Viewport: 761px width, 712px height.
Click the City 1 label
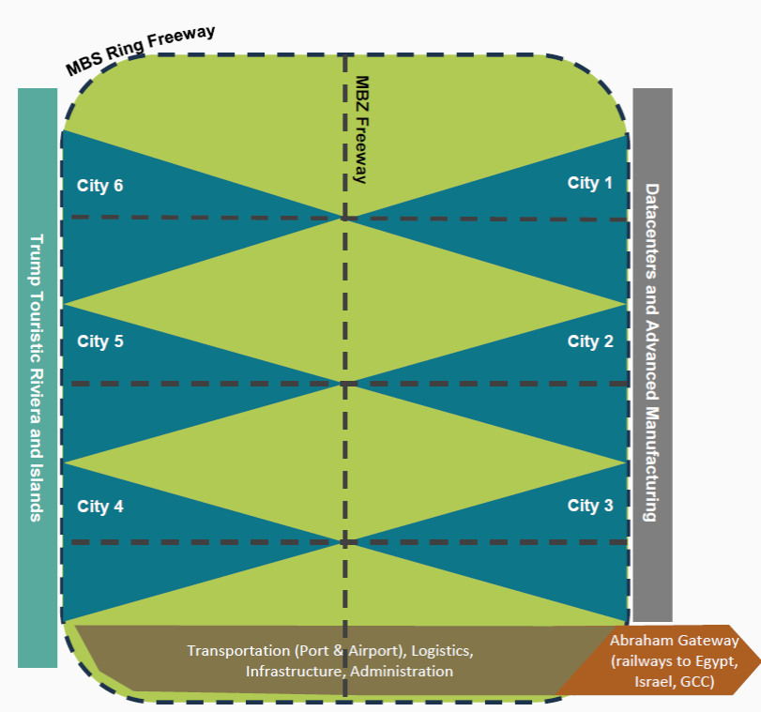(589, 183)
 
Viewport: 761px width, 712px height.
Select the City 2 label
(589, 341)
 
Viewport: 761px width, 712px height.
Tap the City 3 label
(589, 506)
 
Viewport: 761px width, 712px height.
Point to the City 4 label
(100, 507)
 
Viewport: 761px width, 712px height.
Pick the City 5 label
(100, 341)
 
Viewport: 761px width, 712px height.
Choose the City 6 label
(100, 185)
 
